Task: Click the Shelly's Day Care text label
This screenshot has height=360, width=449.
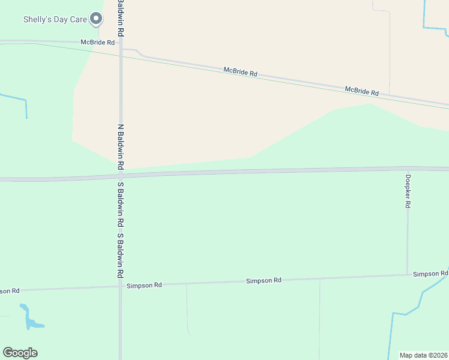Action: tap(55, 19)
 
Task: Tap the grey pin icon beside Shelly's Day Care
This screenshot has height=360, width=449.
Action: tap(96, 19)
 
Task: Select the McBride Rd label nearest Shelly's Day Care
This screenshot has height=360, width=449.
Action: tap(98, 43)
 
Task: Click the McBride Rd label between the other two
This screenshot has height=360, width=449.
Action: tap(240, 72)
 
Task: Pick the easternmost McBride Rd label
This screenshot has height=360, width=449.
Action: tap(361, 91)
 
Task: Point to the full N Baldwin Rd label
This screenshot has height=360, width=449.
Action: tap(121, 146)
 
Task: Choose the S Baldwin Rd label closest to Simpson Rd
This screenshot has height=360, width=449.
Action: tap(121, 255)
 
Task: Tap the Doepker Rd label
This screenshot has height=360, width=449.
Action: tap(408, 191)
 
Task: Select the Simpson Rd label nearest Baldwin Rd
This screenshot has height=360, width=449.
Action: tap(144, 286)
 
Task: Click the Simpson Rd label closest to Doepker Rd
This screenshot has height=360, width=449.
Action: tap(430, 274)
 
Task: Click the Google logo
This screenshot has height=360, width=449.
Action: tap(20, 353)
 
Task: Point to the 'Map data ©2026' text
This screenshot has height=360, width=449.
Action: tap(424, 355)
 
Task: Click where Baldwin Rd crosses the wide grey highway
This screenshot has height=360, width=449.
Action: tap(121, 175)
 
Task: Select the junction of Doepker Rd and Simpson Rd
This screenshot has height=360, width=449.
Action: tap(408, 275)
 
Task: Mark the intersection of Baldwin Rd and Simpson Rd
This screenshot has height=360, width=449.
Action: tap(121, 286)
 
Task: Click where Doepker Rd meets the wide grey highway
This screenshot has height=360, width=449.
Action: tap(408, 169)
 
